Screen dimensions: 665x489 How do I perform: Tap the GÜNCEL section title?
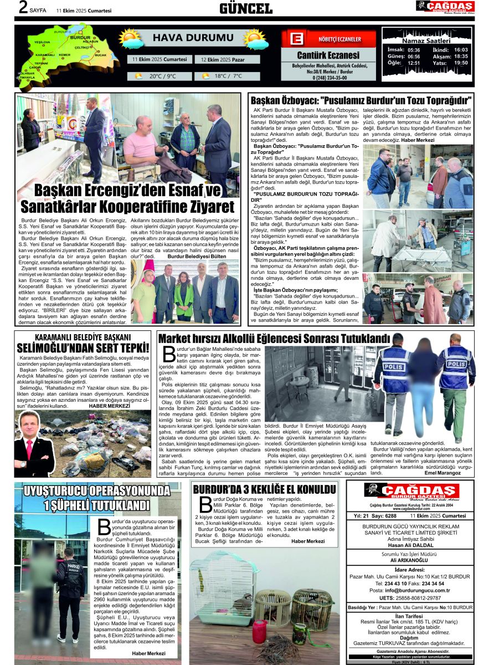click(x=245, y=8)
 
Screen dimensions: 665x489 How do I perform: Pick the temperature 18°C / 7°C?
click(x=228, y=76)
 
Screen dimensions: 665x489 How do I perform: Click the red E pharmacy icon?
click(x=297, y=39)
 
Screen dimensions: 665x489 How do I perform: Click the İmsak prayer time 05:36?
click(x=414, y=49)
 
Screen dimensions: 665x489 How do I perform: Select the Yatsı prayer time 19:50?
click(x=461, y=63)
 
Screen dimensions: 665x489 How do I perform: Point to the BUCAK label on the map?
click(x=100, y=55)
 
